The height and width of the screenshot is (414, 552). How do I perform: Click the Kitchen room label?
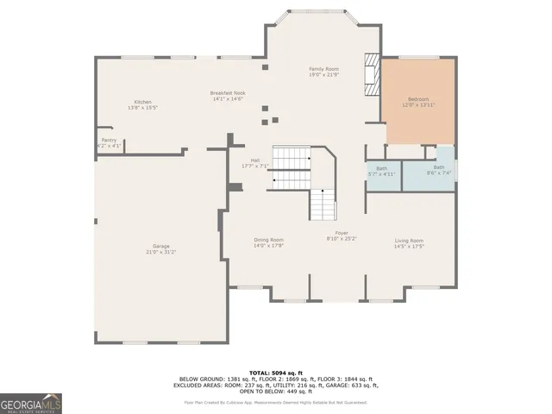142,102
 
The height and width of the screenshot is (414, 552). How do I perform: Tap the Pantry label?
109,140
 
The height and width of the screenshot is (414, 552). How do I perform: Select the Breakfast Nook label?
228,93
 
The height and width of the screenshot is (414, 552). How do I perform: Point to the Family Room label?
324,68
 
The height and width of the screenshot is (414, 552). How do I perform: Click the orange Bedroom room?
419,102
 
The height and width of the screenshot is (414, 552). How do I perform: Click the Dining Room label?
268,240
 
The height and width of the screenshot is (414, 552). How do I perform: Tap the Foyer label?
342,233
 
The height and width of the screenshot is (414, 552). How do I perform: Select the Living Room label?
409,241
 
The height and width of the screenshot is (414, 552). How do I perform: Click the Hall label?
255,160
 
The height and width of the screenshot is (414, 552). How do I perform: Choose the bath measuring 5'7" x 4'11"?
381,172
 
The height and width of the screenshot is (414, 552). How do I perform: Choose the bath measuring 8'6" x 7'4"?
439,170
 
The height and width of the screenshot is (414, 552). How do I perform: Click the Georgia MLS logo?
30,403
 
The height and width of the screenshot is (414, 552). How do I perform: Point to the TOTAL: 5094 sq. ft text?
277,373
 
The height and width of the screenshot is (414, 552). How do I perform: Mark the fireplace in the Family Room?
372,75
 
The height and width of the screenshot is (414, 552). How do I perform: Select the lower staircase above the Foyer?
322,205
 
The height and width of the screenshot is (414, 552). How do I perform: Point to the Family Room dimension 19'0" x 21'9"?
324,74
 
